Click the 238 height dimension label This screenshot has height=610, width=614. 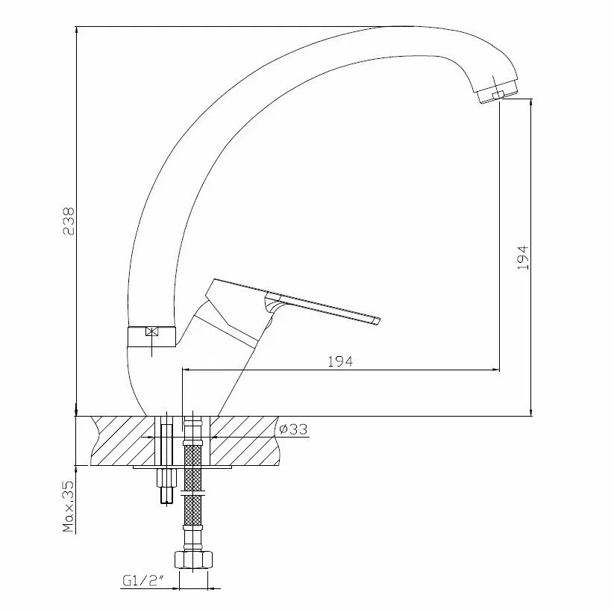tap(69, 221)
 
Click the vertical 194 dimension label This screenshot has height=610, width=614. tap(523, 258)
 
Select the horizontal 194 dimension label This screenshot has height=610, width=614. tap(340, 361)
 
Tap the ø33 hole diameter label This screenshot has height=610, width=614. tap(293, 429)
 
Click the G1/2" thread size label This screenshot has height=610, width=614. tap(142, 581)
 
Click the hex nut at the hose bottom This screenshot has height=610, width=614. tap(193, 559)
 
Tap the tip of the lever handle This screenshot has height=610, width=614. tap(380, 320)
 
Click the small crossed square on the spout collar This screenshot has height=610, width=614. tap(151, 332)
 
